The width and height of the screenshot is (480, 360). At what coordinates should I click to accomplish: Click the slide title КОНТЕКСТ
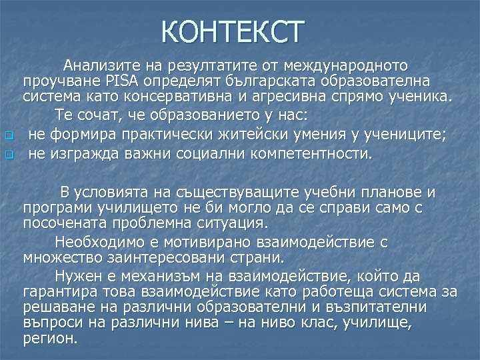233,32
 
